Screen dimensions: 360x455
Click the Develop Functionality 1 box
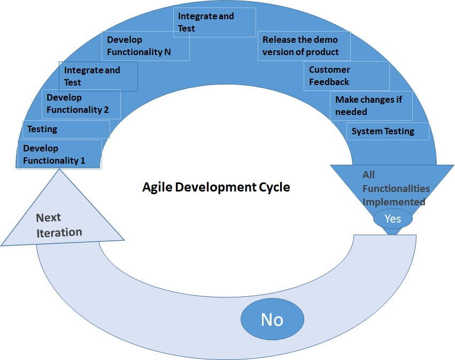59,155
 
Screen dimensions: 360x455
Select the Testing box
66,129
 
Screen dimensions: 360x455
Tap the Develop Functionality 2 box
81,104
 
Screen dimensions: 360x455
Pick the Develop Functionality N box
145,46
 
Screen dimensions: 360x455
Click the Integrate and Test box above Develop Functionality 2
98,76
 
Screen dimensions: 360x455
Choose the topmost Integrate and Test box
216,22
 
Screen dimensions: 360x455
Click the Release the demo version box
304,46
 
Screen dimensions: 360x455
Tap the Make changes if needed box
372,105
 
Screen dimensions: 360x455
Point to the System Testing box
388,132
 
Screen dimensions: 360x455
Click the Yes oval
392,219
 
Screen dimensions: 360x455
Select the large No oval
272,319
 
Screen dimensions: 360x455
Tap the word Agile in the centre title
157,188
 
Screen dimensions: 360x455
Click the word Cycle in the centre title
275,188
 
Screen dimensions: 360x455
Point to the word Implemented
394,202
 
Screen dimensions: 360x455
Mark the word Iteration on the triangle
59,233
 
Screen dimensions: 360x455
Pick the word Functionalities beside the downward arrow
396,188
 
